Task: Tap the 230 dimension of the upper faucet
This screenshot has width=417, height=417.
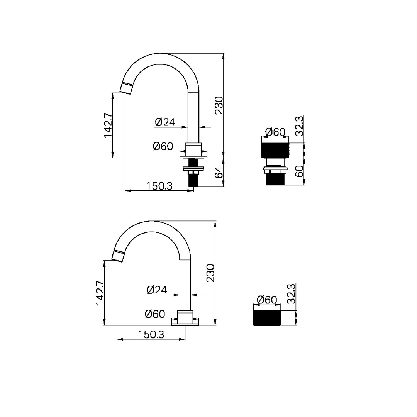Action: click(219, 105)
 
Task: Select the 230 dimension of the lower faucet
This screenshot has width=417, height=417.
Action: click(210, 273)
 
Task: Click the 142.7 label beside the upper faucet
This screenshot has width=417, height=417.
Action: click(108, 125)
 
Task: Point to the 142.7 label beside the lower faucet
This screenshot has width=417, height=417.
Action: click(100, 293)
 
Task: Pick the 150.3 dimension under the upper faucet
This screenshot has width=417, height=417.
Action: click(159, 186)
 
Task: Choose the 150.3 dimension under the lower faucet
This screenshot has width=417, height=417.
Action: click(151, 334)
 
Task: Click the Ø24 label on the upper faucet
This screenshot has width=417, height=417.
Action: click(165, 122)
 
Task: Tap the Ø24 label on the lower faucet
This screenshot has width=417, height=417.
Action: click(157, 290)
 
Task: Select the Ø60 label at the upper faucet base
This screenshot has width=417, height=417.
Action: click(163, 146)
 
